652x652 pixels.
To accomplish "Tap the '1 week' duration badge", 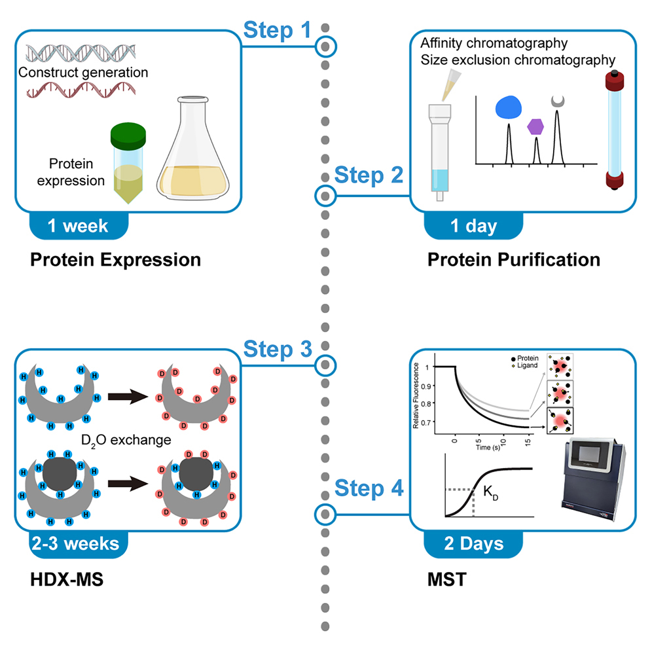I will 78,226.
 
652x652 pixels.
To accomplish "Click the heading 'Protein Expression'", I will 115,260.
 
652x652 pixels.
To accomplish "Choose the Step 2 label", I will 369,176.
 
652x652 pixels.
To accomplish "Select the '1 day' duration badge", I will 473,226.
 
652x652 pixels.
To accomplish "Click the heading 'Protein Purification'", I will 514,260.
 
